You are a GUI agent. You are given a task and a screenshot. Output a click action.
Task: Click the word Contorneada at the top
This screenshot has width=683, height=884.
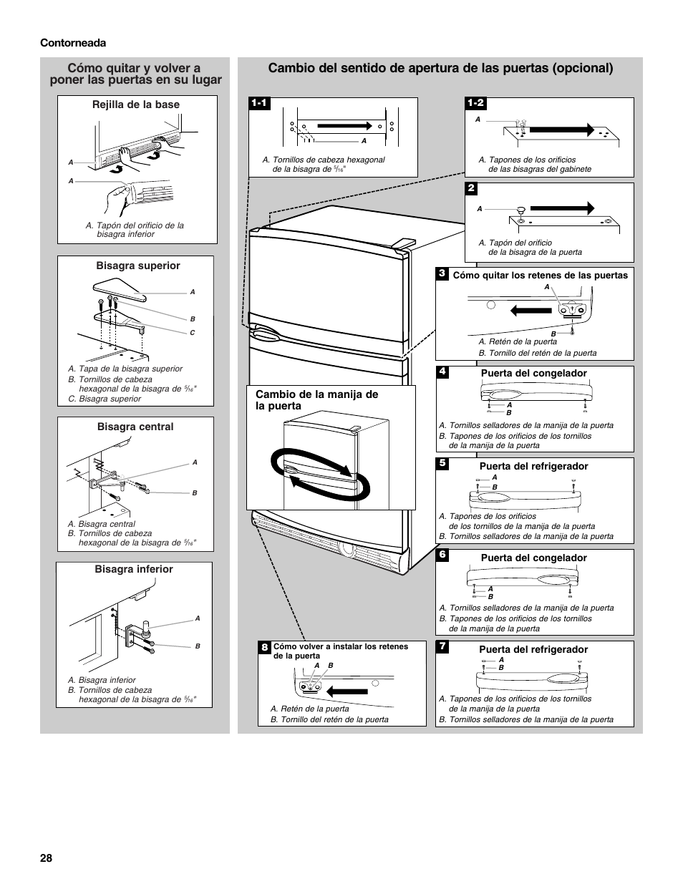pyautogui.click(x=73, y=43)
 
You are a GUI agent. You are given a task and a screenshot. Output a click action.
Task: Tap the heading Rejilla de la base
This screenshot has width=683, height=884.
pyautogui.click(x=136, y=105)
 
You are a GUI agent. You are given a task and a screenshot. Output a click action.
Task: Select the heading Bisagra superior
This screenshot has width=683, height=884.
pyautogui.click(x=138, y=266)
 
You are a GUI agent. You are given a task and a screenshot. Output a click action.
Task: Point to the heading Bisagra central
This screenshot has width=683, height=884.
pyautogui.click(x=135, y=427)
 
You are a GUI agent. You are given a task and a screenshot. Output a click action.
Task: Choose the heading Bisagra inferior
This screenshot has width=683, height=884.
pyautogui.click(x=135, y=569)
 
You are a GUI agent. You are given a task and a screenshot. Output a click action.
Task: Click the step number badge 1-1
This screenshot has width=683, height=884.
pyautogui.click(x=259, y=103)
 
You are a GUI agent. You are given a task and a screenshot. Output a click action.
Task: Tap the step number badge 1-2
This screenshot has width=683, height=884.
pyautogui.click(x=475, y=103)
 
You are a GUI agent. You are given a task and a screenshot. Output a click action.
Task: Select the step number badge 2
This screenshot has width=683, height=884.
pyautogui.click(x=471, y=188)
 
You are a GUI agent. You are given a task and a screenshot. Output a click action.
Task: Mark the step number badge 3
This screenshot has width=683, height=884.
pyautogui.click(x=442, y=273)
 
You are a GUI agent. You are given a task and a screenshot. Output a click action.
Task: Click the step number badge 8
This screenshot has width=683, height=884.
pyautogui.click(x=264, y=647)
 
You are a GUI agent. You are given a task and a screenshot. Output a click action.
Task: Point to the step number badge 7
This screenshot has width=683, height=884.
pyautogui.click(x=442, y=646)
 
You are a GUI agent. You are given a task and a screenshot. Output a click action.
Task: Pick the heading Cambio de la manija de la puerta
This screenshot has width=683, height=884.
pyautogui.click(x=316, y=400)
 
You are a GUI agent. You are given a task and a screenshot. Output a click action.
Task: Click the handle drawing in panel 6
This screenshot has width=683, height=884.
pyautogui.click(x=520, y=577)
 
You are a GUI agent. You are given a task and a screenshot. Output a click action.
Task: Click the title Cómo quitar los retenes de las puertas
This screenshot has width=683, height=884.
pyautogui.click(x=540, y=276)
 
